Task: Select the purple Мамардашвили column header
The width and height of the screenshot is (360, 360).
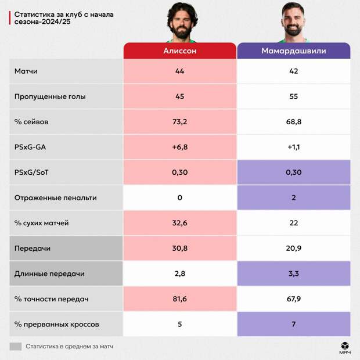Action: (293, 51)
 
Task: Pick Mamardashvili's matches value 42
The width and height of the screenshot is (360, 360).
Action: (293, 71)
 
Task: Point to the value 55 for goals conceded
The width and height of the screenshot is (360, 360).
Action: (293, 96)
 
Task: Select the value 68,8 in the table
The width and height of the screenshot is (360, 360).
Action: (293, 122)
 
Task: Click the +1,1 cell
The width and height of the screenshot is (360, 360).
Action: (293, 147)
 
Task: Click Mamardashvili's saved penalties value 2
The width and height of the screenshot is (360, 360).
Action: (293, 197)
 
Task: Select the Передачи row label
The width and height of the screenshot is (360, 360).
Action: (32, 248)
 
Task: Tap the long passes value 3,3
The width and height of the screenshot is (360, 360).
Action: (293, 273)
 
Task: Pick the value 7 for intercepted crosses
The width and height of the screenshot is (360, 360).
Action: (293, 324)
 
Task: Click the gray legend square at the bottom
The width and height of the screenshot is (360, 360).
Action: (16, 346)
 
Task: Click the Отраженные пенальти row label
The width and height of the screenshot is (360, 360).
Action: (55, 197)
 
